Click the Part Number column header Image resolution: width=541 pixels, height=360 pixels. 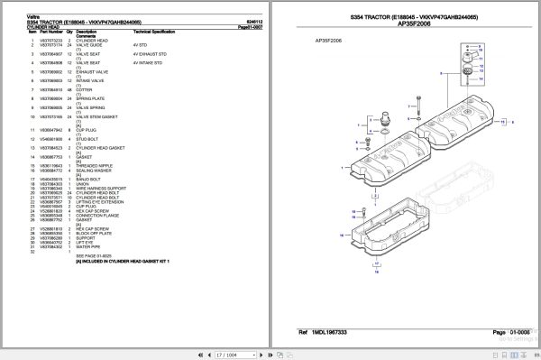44,32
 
